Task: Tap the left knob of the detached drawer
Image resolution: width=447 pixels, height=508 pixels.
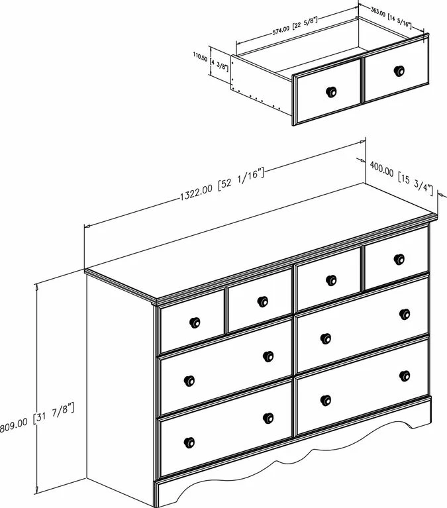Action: tap(330, 91)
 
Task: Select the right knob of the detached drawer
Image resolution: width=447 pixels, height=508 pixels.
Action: tap(399, 71)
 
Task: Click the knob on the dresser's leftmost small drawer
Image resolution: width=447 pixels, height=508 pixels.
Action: tap(195, 323)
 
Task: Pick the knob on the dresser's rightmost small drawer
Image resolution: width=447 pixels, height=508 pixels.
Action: tap(398, 259)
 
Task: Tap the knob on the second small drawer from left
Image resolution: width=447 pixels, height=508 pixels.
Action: tap(262, 302)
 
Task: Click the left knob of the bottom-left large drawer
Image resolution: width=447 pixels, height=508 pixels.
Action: tap(189, 442)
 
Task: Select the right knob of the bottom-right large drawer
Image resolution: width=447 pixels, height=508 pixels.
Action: tap(405, 376)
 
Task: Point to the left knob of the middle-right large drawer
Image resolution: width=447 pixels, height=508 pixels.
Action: tap(325, 338)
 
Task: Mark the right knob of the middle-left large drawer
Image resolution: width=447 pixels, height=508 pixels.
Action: tap(268, 356)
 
